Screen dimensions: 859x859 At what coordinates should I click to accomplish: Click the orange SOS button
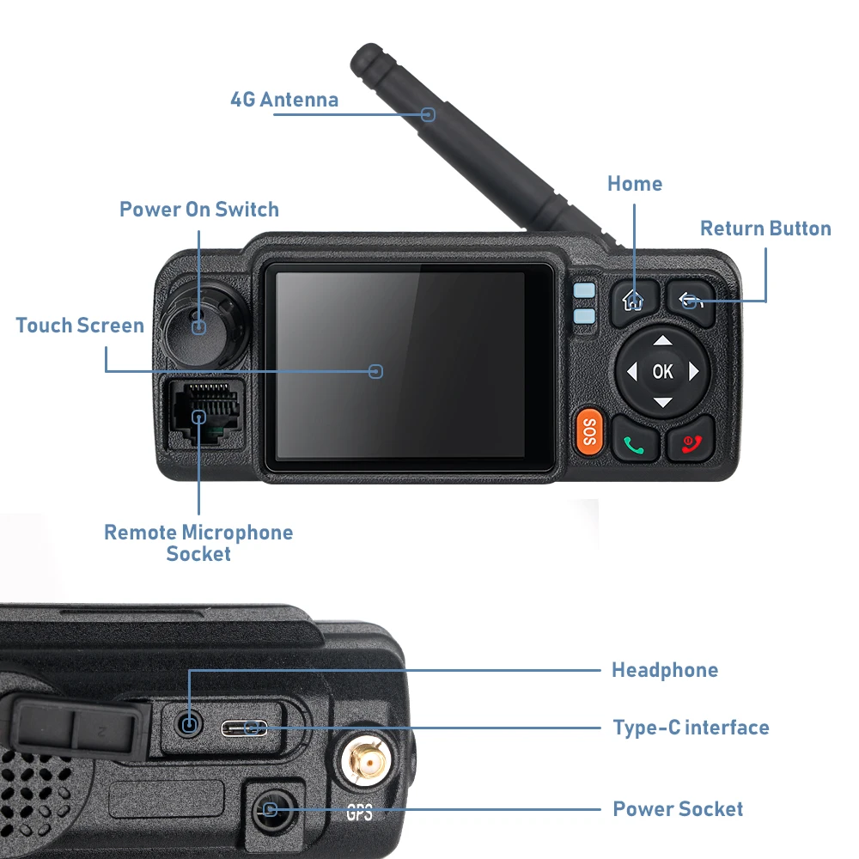[589, 432]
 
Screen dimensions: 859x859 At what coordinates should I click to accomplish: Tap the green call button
[635, 439]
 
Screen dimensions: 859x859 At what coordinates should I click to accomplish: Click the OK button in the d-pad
[662, 372]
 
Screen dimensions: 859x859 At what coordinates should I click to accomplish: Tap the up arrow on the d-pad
[663, 341]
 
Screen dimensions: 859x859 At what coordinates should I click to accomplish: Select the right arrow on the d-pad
[694, 371]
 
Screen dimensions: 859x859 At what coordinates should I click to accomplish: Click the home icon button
[635, 303]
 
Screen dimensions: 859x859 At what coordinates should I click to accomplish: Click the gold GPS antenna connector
[365, 761]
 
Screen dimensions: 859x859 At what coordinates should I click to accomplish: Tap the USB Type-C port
[244, 728]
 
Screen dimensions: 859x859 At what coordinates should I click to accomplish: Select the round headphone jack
[188, 725]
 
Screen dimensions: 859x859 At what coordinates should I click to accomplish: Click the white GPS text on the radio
[359, 812]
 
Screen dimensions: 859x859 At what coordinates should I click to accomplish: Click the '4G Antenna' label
[284, 100]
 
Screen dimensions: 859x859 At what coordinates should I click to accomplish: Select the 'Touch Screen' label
[80, 326]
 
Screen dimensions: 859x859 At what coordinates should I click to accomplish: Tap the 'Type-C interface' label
[691, 728]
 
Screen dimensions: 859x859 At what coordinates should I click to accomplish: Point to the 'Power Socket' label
[678, 808]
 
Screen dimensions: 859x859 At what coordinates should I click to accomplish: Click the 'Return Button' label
[765, 228]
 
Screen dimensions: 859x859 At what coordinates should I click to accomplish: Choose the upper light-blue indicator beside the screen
[584, 290]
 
